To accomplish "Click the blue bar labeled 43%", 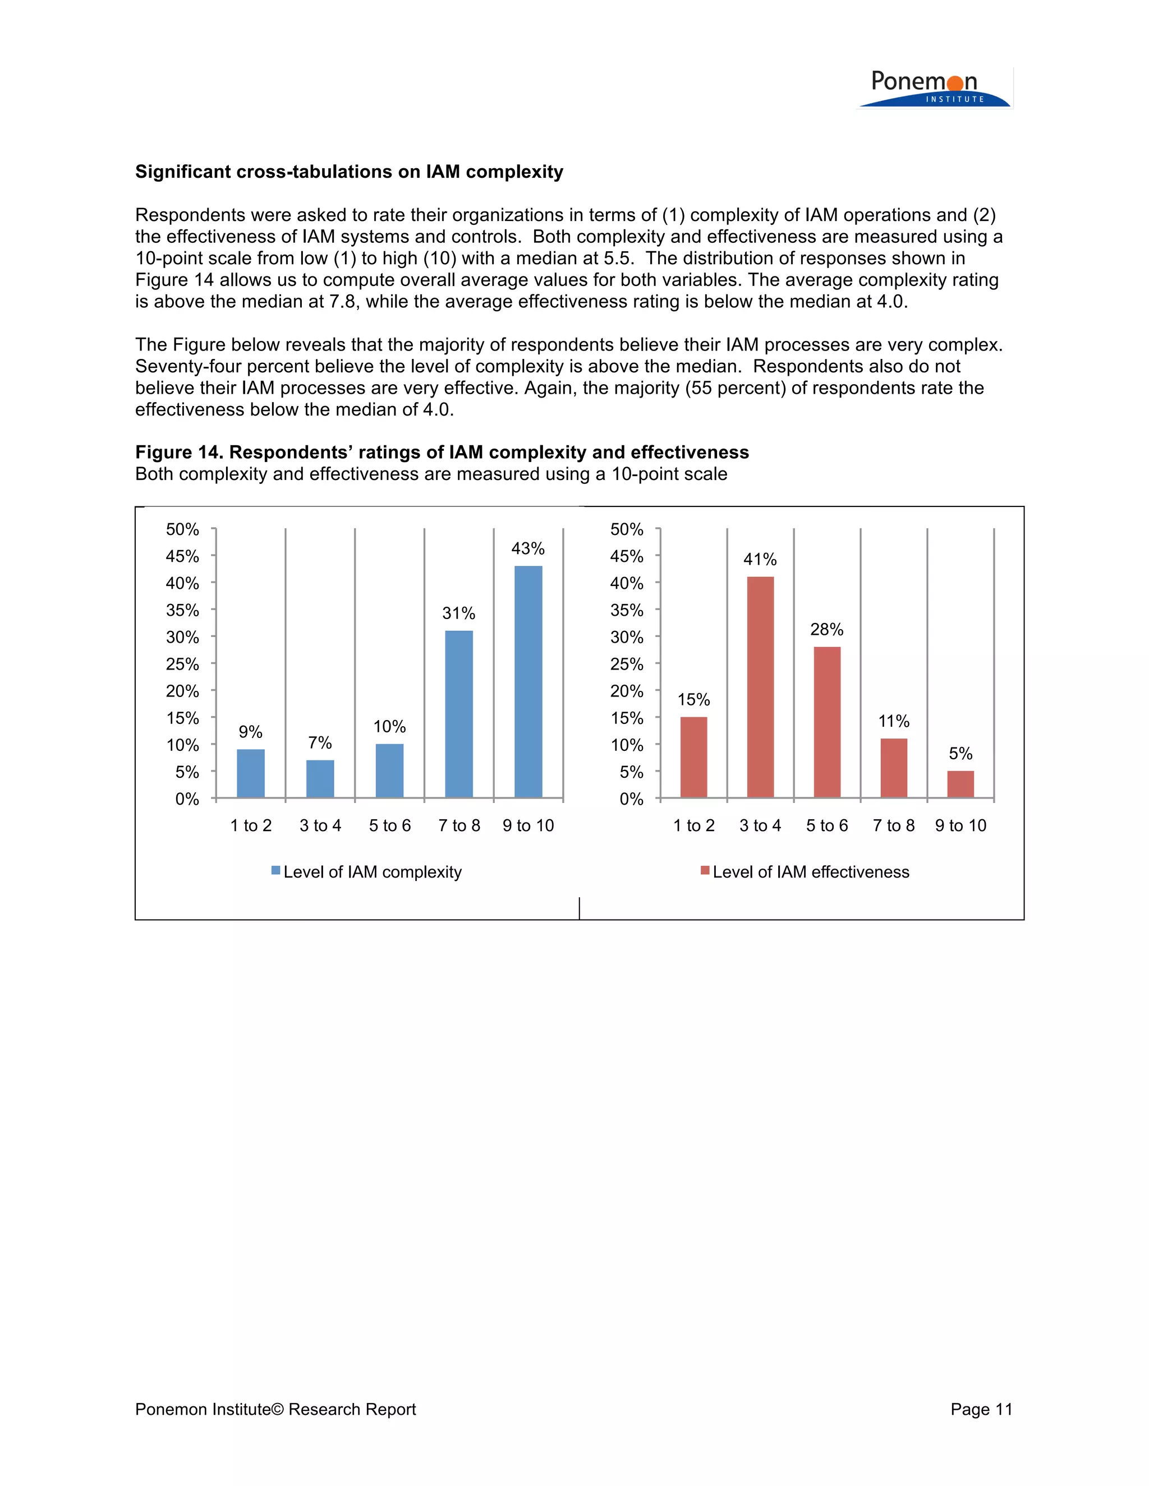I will [528, 681].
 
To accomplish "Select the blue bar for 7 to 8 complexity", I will [459, 714].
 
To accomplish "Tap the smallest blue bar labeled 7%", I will [320, 778].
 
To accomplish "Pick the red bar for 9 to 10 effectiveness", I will [960, 784].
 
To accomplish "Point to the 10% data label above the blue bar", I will [389, 727].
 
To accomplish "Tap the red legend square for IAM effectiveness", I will [705, 871].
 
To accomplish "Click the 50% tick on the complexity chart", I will [182, 529].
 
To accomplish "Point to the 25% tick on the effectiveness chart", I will [626, 664].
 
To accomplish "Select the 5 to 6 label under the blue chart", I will [390, 825].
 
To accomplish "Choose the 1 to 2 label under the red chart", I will [693, 825].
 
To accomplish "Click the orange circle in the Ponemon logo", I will [955, 83].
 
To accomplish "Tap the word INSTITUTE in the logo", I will [955, 99].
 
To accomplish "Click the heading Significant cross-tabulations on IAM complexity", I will [349, 172].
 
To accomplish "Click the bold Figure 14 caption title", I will [442, 452].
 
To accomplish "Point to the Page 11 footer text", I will [981, 1409].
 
